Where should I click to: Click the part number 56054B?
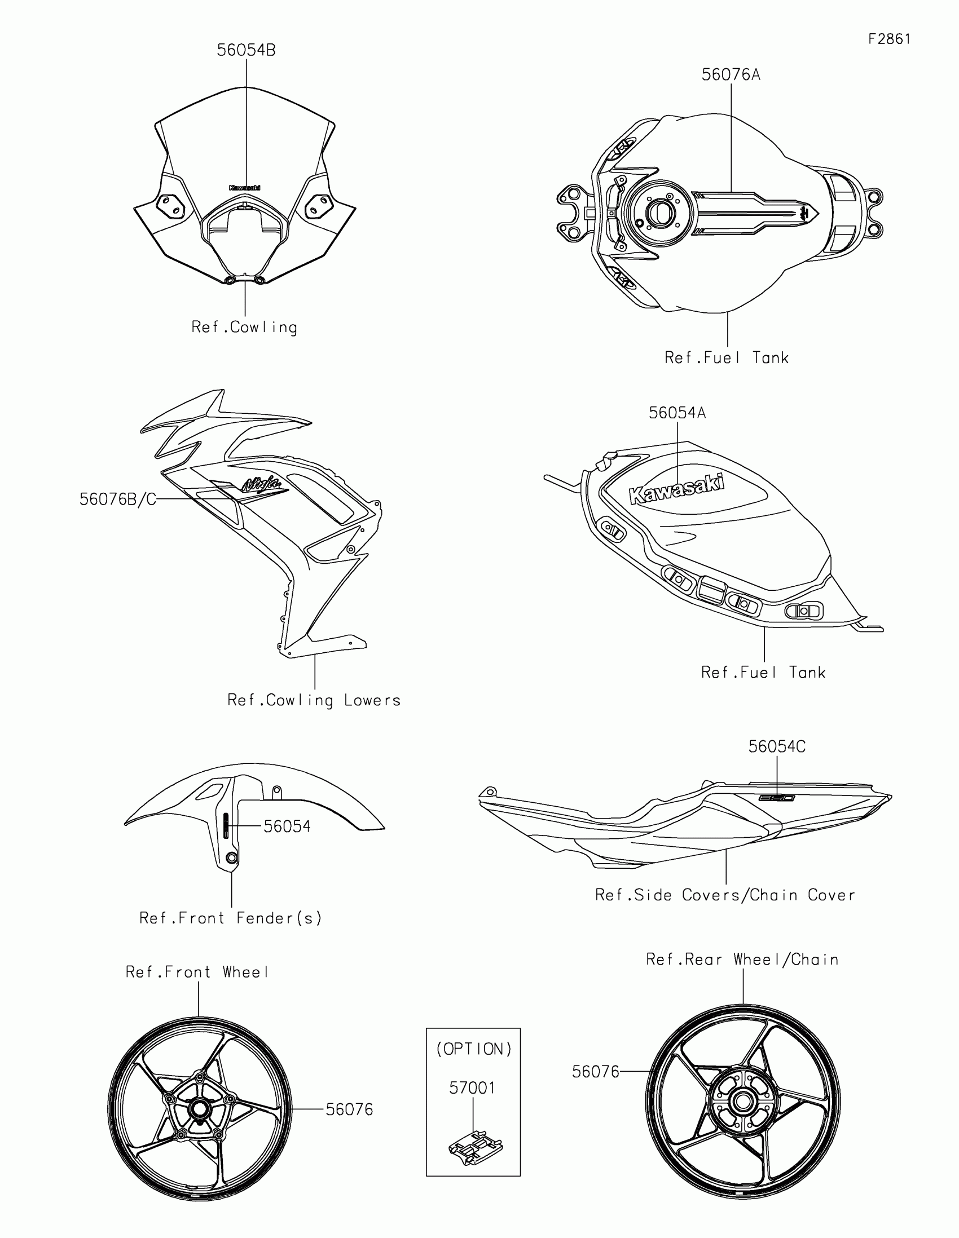point(246,50)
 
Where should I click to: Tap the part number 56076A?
point(731,75)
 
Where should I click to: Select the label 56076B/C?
point(117,499)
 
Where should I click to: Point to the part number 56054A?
point(677,413)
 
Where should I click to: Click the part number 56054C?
point(776,746)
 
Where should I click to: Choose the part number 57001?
point(472,1088)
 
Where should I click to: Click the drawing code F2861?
point(889,39)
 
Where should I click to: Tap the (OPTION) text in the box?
point(473,1049)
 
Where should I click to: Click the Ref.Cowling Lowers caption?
point(314,701)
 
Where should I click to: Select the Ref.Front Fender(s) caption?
point(231,918)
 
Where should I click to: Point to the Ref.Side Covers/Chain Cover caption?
point(725,895)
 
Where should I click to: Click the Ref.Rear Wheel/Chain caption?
point(742,960)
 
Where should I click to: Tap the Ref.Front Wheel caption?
point(197,972)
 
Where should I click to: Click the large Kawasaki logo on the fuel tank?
point(677,489)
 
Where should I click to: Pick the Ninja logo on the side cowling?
point(261,485)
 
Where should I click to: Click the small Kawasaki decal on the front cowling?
point(245,188)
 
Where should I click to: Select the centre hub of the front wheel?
point(199,1109)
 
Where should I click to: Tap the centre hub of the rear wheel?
point(742,1103)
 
